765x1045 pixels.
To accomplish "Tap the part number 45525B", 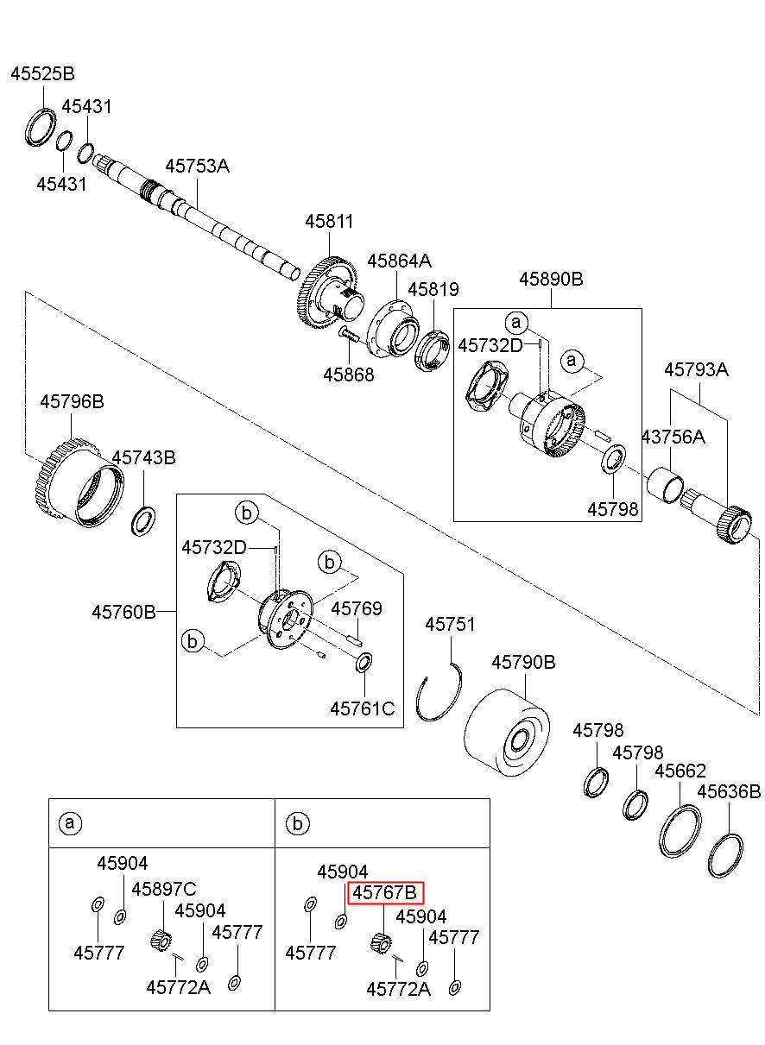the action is (x=43, y=73).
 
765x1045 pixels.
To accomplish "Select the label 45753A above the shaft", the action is (x=198, y=166).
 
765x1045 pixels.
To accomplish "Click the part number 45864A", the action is (x=399, y=261).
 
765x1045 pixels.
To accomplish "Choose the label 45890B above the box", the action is (x=551, y=279).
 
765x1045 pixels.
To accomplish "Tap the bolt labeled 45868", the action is (x=348, y=333).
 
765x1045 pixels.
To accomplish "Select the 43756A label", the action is (x=673, y=437).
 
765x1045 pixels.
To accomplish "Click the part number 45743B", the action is (x=143, y=457).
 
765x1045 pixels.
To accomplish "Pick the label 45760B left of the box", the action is (x=123, y=612).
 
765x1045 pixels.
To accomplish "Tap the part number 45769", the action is (x=357, y=608).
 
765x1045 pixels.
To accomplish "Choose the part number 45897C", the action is (x=164, y=889).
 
